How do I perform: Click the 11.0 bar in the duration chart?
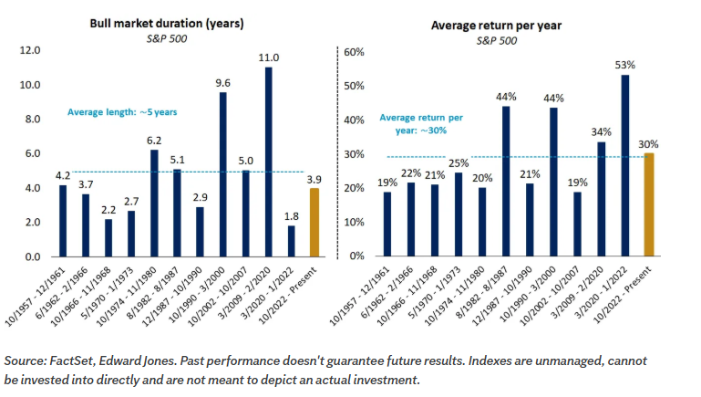tap(268, 162)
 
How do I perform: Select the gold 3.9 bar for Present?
tap(314, 223)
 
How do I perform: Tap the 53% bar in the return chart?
tap(625, 165)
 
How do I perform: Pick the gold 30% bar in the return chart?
tap(649, 204)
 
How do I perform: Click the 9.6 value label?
tap(222, 83)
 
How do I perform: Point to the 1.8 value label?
tap(291, 216)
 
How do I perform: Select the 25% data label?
tap(459, 163)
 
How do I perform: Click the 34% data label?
tap(601, 132)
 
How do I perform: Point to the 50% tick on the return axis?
tap(354, 86)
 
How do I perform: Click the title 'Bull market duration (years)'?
tap(167, 24)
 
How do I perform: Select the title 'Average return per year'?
tap(496, 26)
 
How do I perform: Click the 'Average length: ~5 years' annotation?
tap(122, 112)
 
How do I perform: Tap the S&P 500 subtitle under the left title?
tap(167, 39)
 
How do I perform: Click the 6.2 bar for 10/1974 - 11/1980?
tap(154, 204)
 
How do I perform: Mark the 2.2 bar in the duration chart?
tap(108, 237)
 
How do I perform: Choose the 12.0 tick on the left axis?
tap(30, 50)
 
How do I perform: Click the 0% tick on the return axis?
tap(356, 256)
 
